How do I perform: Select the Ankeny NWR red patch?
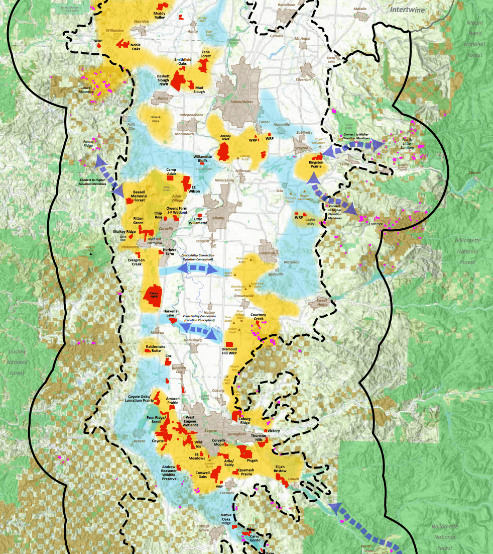(224, 151)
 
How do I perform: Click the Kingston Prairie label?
(316, 164)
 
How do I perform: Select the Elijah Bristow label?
(279, 469)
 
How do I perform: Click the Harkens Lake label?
(170, 314)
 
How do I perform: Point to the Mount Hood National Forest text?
(474, 39)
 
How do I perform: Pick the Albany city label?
(218, 218)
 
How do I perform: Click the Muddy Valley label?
(159, 15)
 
